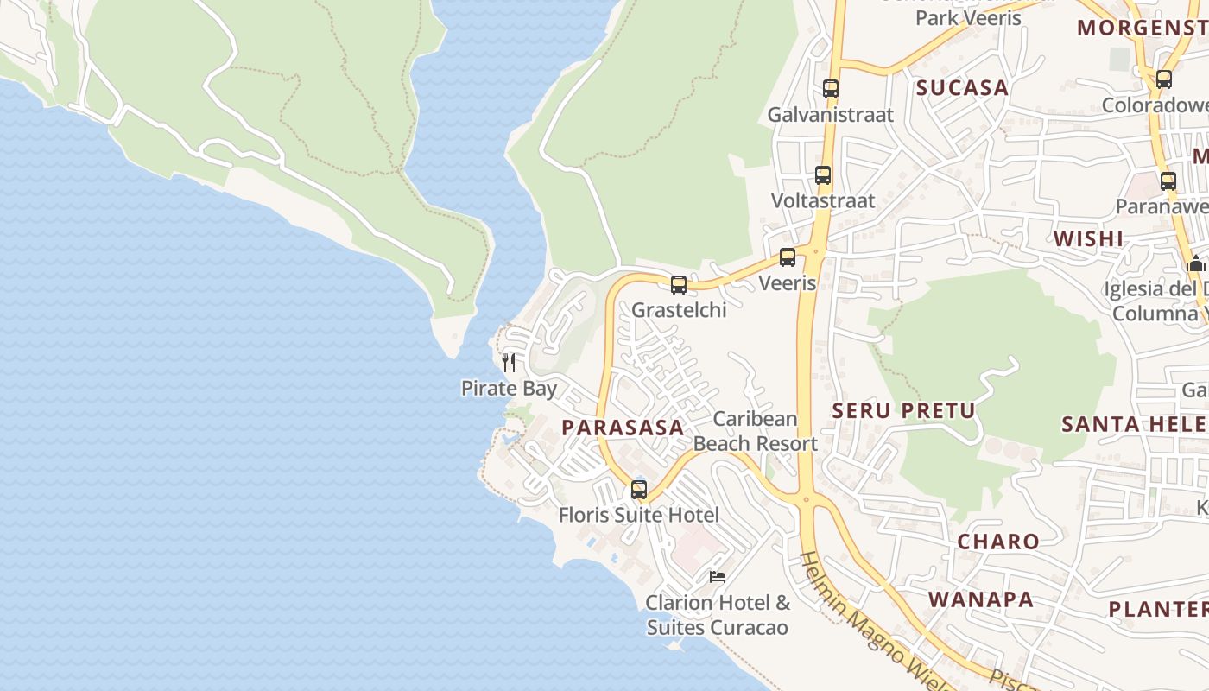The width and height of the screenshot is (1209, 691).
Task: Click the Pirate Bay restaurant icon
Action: (509, 363)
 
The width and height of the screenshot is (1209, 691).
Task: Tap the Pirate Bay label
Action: (509, 389)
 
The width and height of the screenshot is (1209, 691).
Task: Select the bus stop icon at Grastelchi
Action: (679, 285)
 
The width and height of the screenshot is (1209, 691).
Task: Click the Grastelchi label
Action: (679, 310)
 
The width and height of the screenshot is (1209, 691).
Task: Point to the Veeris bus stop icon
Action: (788, 257)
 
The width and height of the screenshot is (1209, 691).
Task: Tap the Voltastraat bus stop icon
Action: (823, 175)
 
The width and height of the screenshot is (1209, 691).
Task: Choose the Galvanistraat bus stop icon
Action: (831, 89)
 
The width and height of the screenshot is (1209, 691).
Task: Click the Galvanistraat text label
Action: (830, 114)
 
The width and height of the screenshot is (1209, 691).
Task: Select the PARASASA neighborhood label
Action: (623, 428)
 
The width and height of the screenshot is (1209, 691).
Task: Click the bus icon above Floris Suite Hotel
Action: (639, 490)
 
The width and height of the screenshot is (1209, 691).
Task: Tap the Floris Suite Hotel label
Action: (638, 516)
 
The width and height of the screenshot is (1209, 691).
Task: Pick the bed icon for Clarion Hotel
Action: (717, 576)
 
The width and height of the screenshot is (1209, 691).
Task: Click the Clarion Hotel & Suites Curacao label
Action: (718, 615)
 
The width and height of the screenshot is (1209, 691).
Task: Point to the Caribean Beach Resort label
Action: (755, 431)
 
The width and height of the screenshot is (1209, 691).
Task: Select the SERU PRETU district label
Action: (903, 411)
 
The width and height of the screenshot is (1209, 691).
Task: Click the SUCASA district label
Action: (962, 88)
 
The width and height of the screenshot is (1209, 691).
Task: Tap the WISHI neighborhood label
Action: (1088, 239)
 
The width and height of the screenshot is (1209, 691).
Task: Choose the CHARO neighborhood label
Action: (998, 542)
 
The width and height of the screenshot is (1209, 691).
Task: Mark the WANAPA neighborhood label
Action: (981, 599)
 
